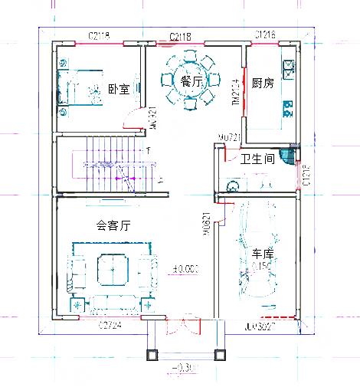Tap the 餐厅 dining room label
coord(191,80)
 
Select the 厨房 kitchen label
coord(263,83)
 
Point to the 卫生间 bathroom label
coord(257,159)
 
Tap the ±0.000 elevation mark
coord(186,268)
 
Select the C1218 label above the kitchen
coord(265,35)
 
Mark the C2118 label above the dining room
coord(180,36)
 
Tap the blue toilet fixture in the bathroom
coord(287,157)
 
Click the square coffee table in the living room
coord(111,268)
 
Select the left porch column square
coord(152,354)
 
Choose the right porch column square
coord(220,354)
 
